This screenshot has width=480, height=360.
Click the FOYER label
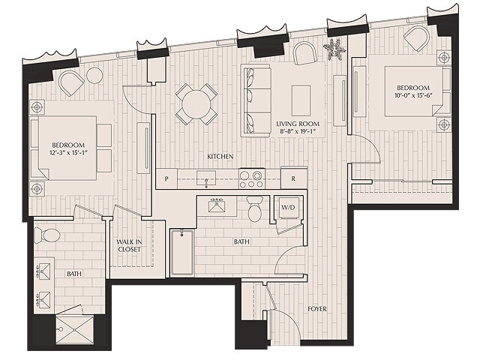tap(317, 308)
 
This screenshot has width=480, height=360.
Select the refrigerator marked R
tap(293, 178)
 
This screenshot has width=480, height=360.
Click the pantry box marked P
tap(166, 179)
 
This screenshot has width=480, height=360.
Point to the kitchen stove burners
tap(251, 178)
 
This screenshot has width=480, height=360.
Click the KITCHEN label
tap(220, 156)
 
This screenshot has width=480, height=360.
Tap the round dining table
tap(196, 103)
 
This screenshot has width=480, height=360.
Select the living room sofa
tap(256, 100)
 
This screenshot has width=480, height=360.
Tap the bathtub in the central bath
tap(182, 253)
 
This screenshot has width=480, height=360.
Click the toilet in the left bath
tap(49, 235)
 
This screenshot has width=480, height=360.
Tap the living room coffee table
tap(301, 100)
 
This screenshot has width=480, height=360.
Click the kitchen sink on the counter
tap(205, 178)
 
